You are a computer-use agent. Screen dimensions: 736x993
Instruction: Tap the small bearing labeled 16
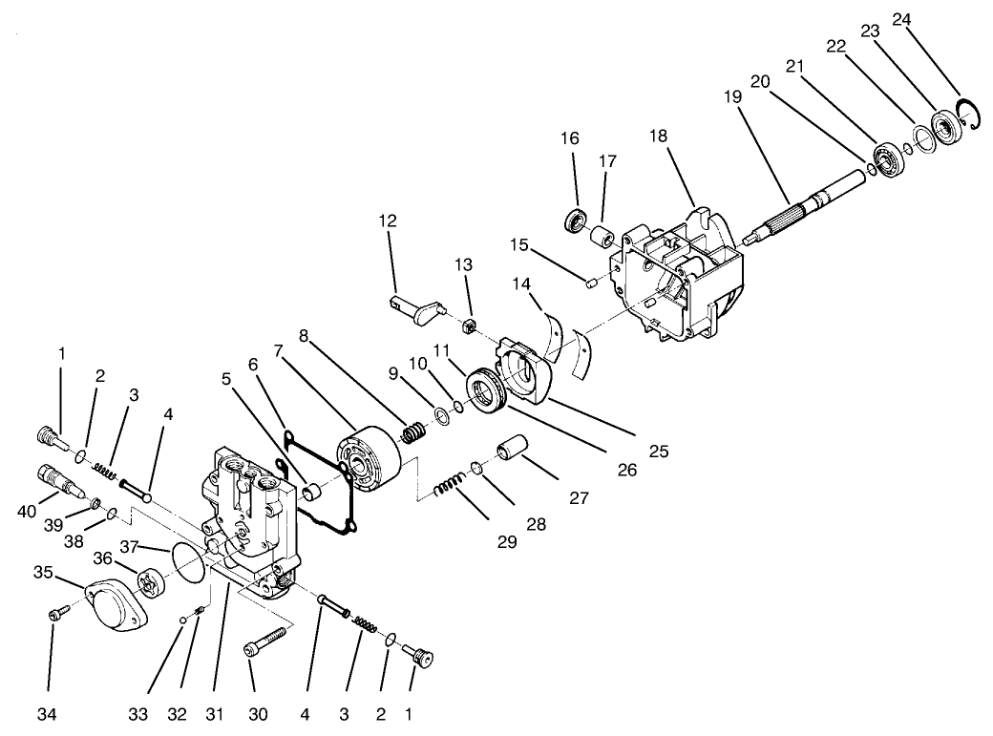[x=575, y=221]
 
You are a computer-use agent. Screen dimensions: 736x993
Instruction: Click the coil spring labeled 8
[x=412, y=432]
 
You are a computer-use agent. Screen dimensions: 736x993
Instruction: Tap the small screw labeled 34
[x=55, y=616]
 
